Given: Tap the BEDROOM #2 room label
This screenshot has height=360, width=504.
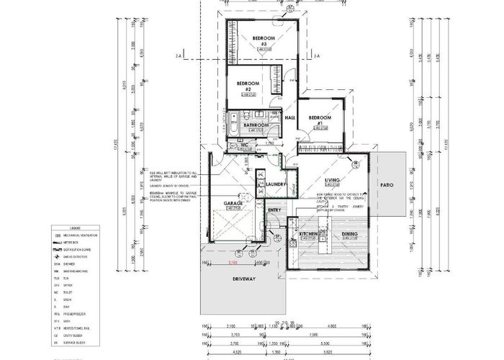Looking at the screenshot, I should coord(248,86).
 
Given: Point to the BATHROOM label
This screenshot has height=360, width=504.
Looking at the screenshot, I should coord(256,125).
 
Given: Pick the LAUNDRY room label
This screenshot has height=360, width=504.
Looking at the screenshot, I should coord(277,184).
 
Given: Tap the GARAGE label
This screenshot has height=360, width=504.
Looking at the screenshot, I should coord(233,204).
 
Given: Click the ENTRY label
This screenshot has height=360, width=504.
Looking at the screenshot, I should coord(274,210).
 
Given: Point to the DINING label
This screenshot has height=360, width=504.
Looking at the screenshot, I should coord(349,235).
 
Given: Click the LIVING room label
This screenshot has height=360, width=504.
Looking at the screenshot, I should coord(332,180).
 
